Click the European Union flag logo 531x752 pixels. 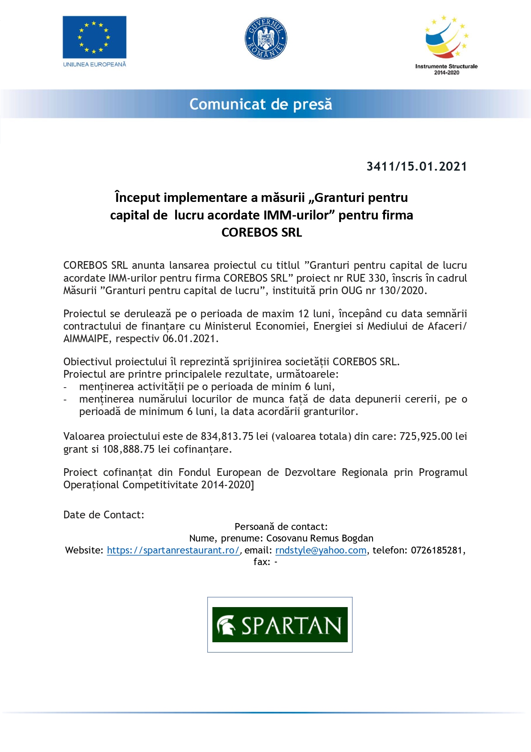[94, 37]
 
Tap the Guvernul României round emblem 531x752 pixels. [265, 38]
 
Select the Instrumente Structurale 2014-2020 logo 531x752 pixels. [446, 45]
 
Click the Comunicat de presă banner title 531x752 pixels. [261, 104]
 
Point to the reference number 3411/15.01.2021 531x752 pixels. [416, 166]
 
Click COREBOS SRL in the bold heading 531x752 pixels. [262, 232]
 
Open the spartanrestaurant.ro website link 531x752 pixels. [173, 550]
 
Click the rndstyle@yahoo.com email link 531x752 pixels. [321, 550]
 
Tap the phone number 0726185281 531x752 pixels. [437, 550]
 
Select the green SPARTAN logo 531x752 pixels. [280, 625]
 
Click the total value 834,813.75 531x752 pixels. [227, 436]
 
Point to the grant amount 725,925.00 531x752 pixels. [426, 436]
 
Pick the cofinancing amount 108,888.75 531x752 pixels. [128, 449]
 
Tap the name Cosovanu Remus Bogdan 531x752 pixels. [319, 538]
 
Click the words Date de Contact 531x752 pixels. [104, 515]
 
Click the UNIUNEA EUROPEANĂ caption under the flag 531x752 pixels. [95, 65]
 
